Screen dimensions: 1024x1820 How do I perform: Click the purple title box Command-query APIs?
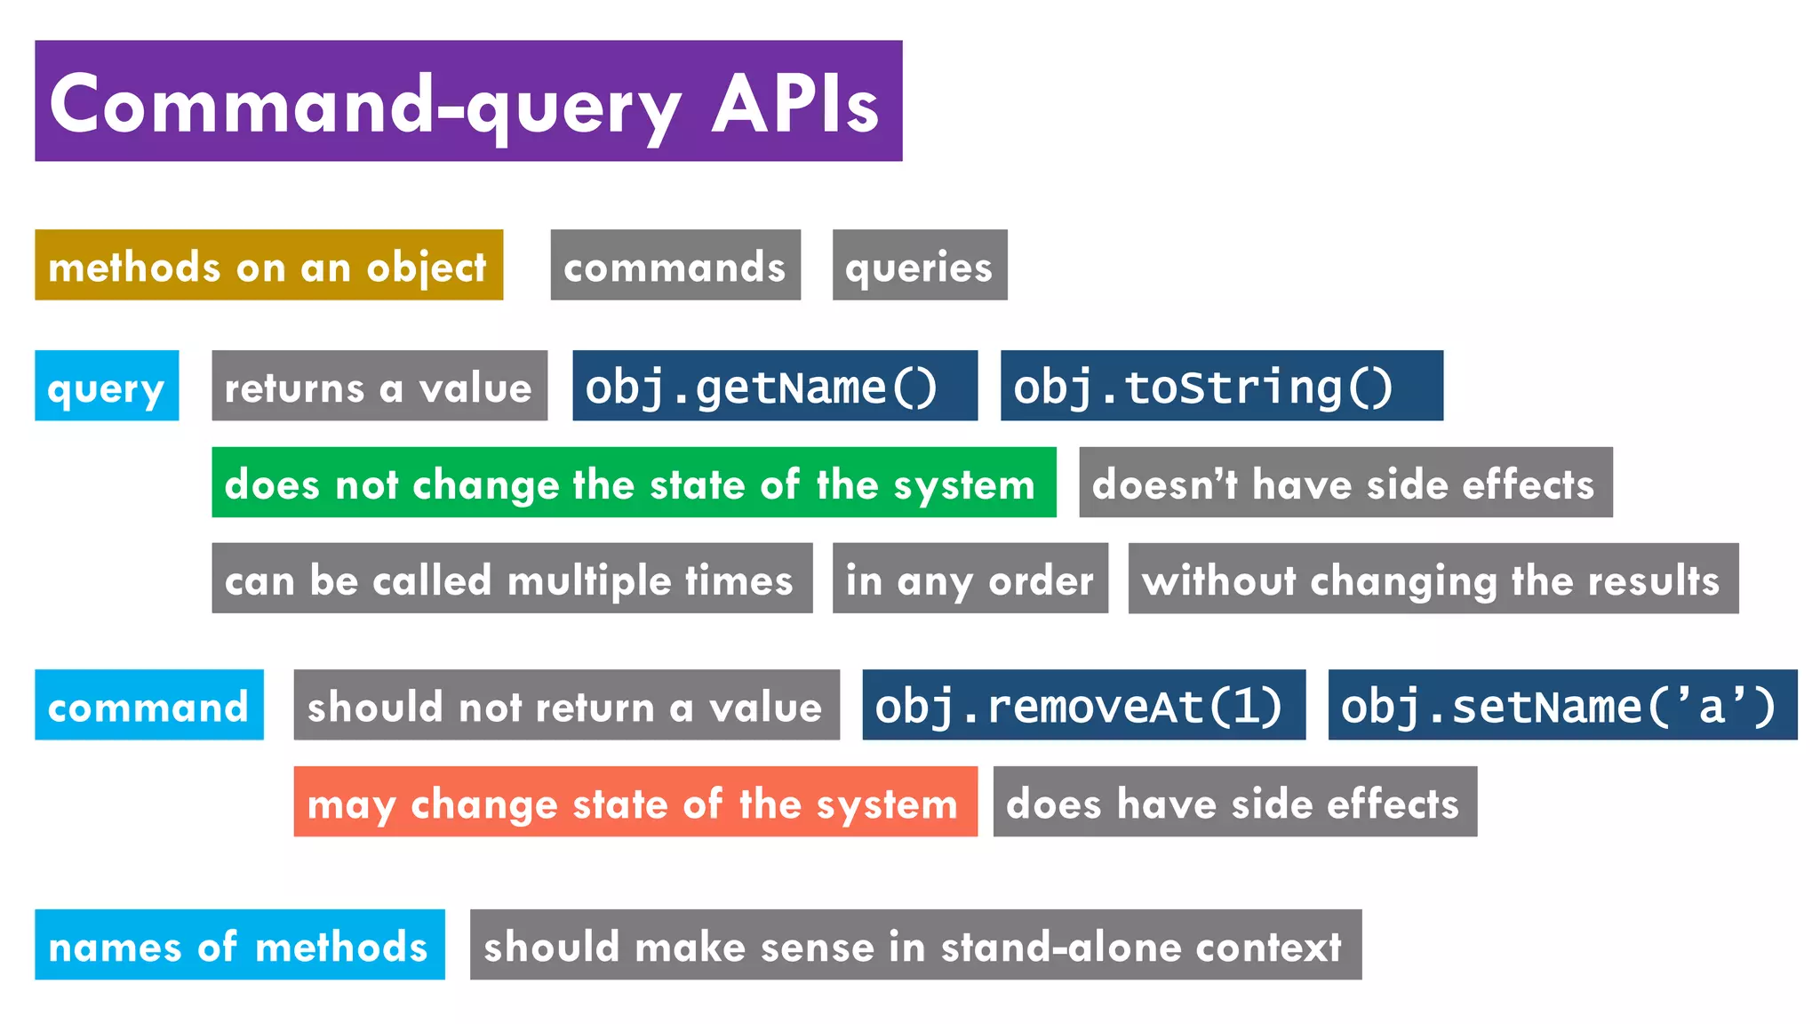click(468, 100)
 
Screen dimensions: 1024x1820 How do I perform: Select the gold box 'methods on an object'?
click(268, 265)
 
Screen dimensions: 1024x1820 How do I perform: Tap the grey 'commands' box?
click(675, 265)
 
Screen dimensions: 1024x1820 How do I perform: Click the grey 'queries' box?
click(920, 265)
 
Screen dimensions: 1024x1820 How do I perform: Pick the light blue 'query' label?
click(107, 386)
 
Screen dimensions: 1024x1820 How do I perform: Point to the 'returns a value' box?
click(379, 386)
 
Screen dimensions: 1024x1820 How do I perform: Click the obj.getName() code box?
click(775, 386)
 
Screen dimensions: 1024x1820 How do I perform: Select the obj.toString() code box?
click(1222, 386)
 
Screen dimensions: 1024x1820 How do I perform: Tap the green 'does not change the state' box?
click(634, 483)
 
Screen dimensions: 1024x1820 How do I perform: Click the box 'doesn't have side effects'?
click(1345, 483)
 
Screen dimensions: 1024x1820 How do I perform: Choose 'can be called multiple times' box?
click(512, 579)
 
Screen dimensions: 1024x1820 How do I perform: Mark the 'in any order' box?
click(970, 579)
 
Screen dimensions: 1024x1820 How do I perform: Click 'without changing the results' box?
click(1433, 579)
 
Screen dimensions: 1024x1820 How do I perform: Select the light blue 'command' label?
click(149, 705)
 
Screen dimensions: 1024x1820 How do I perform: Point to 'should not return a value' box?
click(566, 705)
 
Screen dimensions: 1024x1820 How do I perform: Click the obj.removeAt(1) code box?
click(1083, 705)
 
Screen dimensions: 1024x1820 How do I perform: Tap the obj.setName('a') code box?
click(1562, 705)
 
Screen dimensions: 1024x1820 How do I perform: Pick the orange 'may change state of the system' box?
click(635, 802)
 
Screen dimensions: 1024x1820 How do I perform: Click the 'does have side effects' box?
click(1235, 802)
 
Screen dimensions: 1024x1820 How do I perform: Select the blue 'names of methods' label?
click(240, 945)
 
